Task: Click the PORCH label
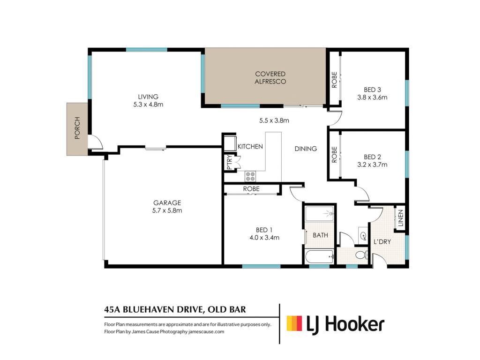pos(77,128)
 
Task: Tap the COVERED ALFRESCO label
pos(270,78)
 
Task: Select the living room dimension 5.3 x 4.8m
pos(148,105)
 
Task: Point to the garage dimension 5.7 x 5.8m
pos(167,210)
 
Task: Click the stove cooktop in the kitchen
pos(250,176)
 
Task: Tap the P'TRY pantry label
pos(230,163)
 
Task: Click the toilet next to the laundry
pos(362,255)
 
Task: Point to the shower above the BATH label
pos(319,213)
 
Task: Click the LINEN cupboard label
pos(400,218)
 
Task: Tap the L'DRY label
pos(382,242)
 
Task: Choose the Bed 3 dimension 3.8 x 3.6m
pos(372,97)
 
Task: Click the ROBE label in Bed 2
pos(334,154)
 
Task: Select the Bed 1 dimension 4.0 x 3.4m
pos(264,238)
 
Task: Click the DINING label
pos(306,149)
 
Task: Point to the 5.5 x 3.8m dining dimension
pos(274,120)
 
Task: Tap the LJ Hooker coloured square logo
pos(294,323)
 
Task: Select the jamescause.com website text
pos(206,331)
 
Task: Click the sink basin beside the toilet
pos(363,236)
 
